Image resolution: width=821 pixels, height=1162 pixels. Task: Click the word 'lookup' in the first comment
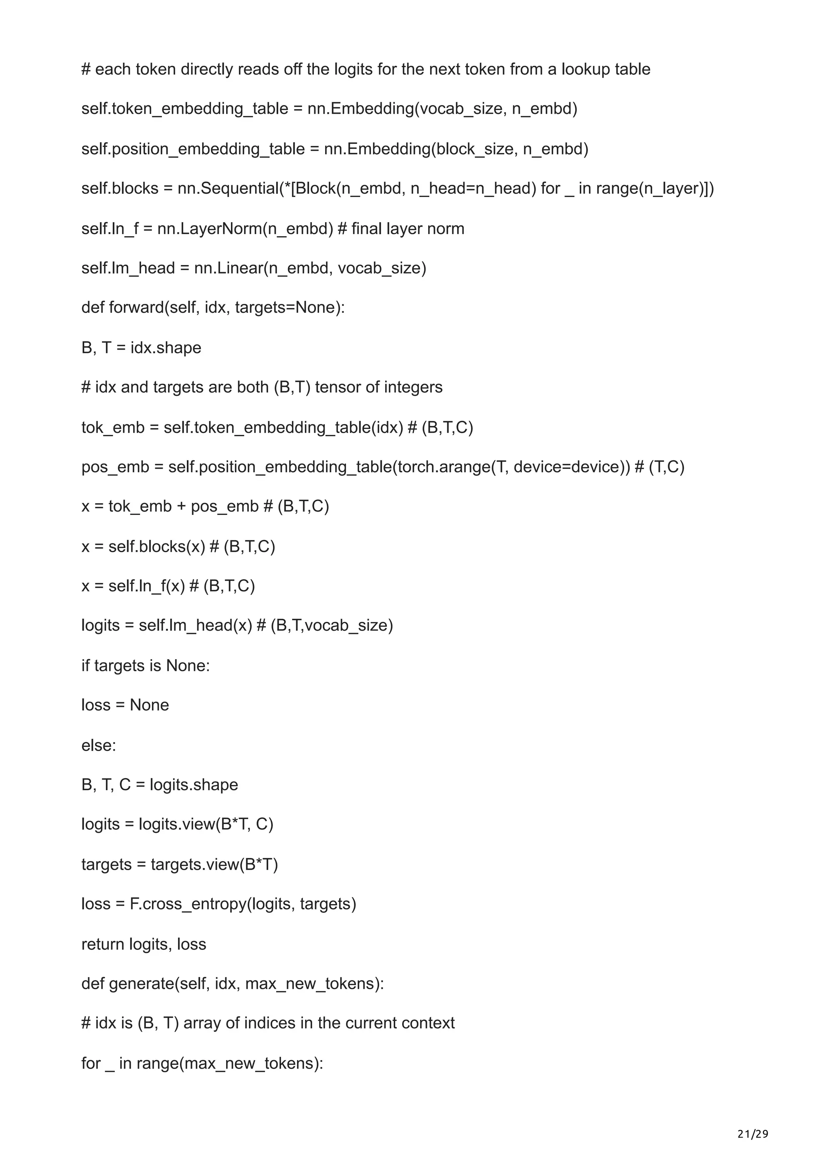[x=584, y=69]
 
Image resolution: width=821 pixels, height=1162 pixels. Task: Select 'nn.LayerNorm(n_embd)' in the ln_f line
[x=245, y=229]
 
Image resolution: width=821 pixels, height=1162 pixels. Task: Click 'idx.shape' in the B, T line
[x=166, y=348]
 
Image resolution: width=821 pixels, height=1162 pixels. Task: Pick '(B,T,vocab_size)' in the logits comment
[x=332, y=626]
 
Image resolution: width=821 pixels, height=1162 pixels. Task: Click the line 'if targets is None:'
[x=146, y=666]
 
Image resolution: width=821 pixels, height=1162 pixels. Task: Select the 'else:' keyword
[x=99, y=745]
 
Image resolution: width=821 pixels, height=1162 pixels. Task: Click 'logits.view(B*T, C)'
[x=206, y=824]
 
